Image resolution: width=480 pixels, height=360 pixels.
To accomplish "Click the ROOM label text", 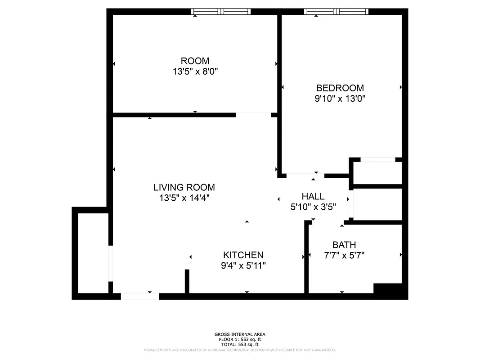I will (x=195, y=61).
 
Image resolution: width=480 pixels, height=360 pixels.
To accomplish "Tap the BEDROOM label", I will (x=340, y=88).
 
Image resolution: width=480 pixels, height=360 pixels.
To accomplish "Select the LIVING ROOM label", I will (x=184, y=187).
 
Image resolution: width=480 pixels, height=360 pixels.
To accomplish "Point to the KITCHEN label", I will (x=243, y=255).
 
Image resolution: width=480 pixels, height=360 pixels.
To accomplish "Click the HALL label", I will (x=313, y=197).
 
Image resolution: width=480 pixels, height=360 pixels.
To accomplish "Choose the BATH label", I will (x=344, y=245).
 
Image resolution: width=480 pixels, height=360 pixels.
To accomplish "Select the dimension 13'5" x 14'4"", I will (x=184, y=198).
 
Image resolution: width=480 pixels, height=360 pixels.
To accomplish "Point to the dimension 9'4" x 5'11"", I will (x=243, y=265).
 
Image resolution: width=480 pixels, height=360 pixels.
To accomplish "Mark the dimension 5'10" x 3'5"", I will (x=313, y=207).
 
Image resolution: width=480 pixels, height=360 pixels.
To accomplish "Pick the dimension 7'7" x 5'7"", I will (x=344, y=255).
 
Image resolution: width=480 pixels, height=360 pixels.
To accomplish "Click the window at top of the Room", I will (x=220, y=12).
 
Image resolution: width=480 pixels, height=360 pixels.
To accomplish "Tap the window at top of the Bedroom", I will (x=336, y=12).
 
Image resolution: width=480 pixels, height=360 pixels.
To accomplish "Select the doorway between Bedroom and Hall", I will (x=305, y=175).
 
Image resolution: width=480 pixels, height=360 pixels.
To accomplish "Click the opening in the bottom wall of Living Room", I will (x=140, y=296).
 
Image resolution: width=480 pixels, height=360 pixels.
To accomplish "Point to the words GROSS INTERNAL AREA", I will (x=240, y=334).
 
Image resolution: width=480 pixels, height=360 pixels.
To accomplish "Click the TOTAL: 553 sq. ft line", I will (x=240, y=344).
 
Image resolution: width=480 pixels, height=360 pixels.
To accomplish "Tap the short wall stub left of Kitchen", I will (x=187, y=281).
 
